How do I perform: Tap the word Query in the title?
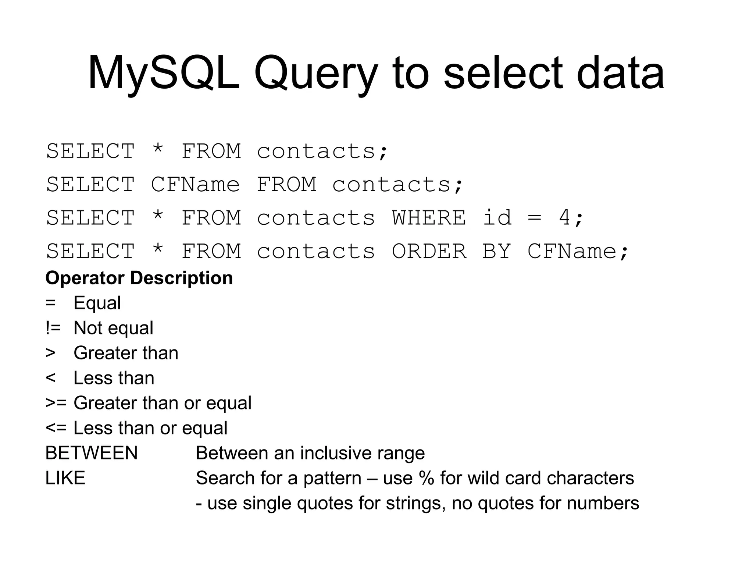[x=315, y=74]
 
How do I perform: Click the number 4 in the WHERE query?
[x=564, y=217]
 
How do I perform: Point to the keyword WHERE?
[x=429, y=217]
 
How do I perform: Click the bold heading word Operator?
[x=85, y=278]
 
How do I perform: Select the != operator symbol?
[x=53, y=328]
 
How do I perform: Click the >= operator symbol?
[x=56, y=403]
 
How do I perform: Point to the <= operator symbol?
[x=56, y=428]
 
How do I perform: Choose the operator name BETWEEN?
[x=92, y=453]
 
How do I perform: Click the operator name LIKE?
[x=65, y=478]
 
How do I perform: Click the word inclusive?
[x=337, y=453]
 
